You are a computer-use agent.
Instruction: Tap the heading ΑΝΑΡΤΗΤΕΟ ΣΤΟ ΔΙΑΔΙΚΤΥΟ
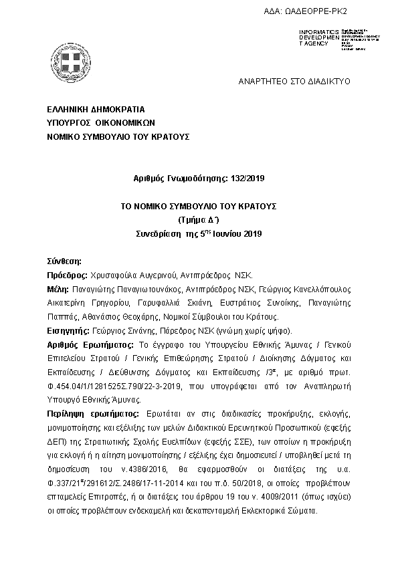click(294, 81)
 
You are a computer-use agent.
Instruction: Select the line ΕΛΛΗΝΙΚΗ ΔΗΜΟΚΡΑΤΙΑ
click(96, 109)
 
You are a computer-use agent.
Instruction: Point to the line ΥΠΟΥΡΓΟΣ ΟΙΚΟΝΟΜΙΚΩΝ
click(101, 122)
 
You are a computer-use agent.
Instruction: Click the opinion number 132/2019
click(248, 178)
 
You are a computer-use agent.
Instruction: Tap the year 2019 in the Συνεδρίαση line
click(252, 233)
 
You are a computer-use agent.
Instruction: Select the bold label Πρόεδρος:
click(67, 275)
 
